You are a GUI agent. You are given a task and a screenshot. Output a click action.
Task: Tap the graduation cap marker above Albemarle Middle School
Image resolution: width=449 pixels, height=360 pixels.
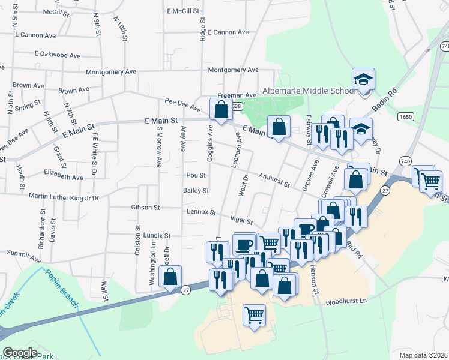pyautogui.click(x=363, y=80)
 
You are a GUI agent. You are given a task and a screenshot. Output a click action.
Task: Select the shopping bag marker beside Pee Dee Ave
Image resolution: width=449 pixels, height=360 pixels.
pyautogui.click(x=221, y=110)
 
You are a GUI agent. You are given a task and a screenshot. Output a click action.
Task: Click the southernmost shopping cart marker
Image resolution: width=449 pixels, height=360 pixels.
pyautogui.click(x=255, y=314)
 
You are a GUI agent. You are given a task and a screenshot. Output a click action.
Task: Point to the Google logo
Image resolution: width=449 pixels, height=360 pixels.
pyautogui.click(x=20, y=353)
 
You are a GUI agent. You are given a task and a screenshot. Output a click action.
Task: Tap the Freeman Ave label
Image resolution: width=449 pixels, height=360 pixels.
pyautogui.click(x=237, y=95)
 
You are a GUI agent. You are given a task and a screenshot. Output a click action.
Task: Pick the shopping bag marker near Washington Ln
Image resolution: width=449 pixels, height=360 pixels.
pyautogui.click(x=171, y=278)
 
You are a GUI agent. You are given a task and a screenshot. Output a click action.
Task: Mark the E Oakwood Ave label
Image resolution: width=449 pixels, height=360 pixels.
pyautogui.click(x=58, y=55)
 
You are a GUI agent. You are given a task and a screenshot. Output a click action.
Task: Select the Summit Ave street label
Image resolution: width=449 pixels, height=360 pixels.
pyautogui.click(x=23, y=256)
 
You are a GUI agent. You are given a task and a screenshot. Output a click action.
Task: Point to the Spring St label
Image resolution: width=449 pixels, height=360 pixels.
pyautogui.click(x=28, y=107)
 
